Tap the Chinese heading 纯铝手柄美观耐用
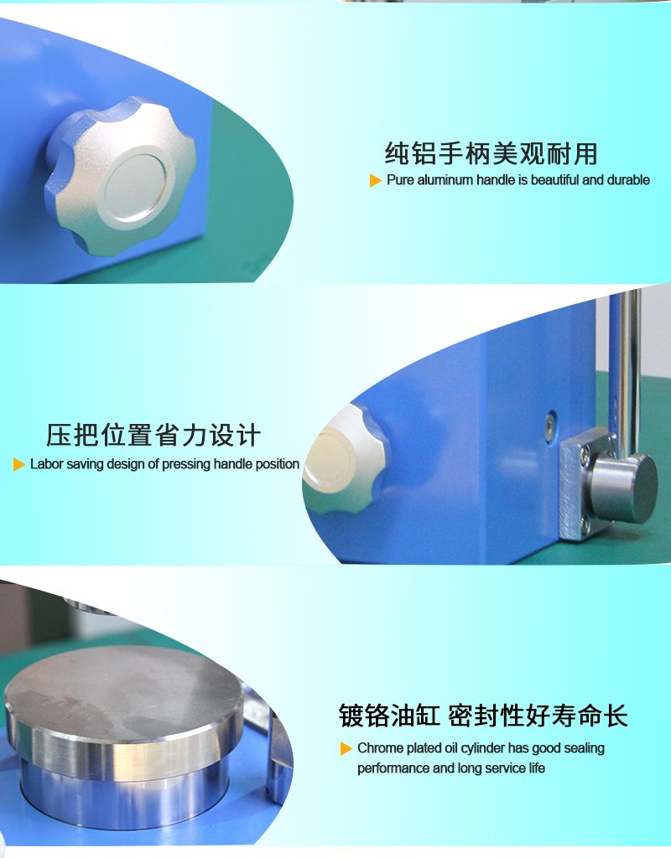[x=491, y=154]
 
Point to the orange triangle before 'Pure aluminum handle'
[x=376, y=180]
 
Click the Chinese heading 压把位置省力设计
[x=153, y=436]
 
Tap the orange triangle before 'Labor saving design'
[x=19, y=464]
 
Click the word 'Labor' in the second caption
[x=46, y=464]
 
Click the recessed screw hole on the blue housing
[x=549, y=422]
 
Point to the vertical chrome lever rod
[x=627, y=369]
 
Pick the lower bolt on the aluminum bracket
[x=585, y=524]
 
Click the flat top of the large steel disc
[x=122, y=683]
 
